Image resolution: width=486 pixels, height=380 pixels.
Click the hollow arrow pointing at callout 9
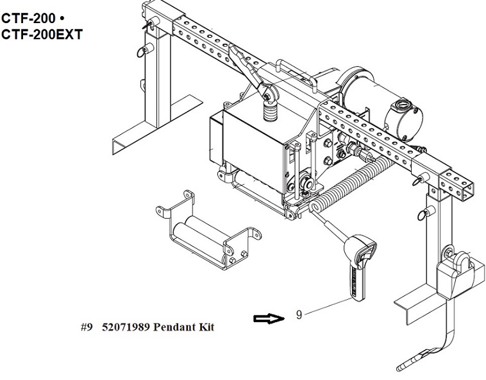pyautogui.click(x=269, y=318)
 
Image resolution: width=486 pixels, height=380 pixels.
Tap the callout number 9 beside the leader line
pyautogui.click(x=299, y=315)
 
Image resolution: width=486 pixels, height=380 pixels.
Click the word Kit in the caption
pyautogui.click(x=206, y=327)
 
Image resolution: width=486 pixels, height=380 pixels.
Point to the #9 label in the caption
pyautogui.click(x=87, y=327)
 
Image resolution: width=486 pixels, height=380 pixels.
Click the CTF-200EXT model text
pyautogui.click(x=42, y=35)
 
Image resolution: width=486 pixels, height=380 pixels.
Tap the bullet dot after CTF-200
pyautogui.click(x=62, y=19)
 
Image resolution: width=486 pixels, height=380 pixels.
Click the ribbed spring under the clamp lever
pyautogui.click(x=271, y=111)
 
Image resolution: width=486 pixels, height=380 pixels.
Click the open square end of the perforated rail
pyautogui.click(x=466, y=191)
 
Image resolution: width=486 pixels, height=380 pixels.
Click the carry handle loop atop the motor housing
pyautogui.click(x=296, y=70)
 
